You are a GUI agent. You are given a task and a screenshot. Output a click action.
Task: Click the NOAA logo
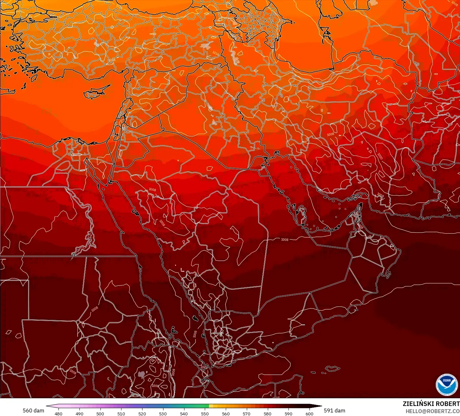point(446,384)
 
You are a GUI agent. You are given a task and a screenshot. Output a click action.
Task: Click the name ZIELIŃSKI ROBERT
point(431,404)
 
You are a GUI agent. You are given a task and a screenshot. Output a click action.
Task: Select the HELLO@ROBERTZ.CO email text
point(433,411)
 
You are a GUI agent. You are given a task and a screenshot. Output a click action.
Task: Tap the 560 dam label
point(33,411)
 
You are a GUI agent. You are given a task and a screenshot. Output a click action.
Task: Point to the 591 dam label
point(334,411)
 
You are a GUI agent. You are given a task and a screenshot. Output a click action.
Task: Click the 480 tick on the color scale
point(58,413)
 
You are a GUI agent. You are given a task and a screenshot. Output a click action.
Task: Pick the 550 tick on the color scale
point(205,413)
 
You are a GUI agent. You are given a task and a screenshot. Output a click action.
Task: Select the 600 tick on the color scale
point(309,413)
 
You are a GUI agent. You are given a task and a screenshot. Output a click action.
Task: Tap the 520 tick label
point(142,413)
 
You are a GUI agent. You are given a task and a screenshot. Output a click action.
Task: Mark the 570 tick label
point(246,413)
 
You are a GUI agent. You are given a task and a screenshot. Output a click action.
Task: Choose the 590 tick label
point(288,413)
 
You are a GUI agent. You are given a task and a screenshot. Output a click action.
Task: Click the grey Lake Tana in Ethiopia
point(141,375)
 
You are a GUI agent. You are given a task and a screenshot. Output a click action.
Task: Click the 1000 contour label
point(380,156)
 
